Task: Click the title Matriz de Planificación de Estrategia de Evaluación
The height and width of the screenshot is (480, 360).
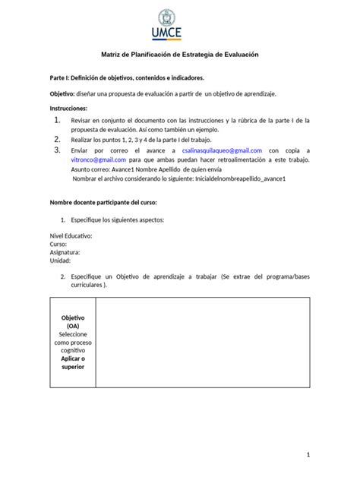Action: [180, 55]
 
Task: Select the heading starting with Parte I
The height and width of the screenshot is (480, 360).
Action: [127, 77]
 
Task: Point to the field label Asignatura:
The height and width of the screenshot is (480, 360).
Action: [67, 253]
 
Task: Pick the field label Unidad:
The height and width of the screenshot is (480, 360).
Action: [62, 261]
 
